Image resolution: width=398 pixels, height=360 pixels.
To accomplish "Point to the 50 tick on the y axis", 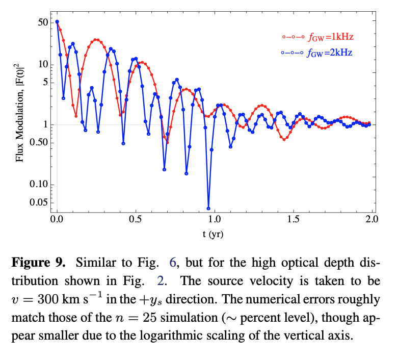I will tap(42, 22).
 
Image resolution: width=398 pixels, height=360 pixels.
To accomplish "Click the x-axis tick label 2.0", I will tap(371, 220).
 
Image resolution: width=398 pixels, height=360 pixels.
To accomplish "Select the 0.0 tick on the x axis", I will tap(57, 220).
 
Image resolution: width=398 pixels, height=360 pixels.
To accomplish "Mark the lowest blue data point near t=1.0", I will tap(208, 208).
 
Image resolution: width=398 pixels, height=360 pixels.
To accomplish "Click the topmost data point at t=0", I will tap(57, 22).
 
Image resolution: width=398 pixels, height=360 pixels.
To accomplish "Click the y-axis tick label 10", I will tap(42, 64).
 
